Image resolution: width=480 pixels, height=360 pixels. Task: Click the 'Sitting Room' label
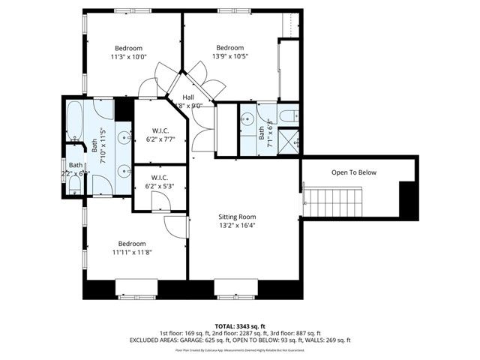(x=236, y=216)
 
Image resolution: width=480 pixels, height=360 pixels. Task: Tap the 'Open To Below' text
(x=353, y=172)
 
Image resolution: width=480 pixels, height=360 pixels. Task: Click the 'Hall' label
(x=189, y=97)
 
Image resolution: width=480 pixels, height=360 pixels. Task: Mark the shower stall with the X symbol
(x=292, y=139)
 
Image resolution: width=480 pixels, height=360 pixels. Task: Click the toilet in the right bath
(x=293, y=116)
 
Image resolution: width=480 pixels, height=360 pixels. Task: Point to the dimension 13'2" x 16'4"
(x=236, y=225)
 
